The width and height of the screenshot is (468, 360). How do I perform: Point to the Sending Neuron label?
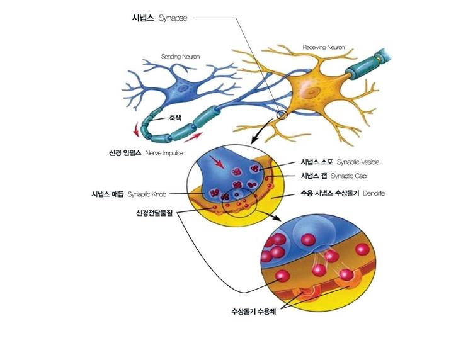pyautogui.click(x=180, y=57)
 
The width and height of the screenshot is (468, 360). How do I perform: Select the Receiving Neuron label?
pyautogui.click(x=324, y=47)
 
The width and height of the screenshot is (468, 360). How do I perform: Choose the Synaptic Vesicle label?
pyautogui.click(x=358, y=162)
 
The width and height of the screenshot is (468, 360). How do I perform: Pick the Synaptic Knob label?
pyautogui.click(x=148, y=194)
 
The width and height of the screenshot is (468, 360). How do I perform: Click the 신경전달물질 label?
pyautogui.click(x=155, y=213)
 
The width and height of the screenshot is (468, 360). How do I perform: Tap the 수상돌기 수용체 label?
pyautogui.click(x=254, y=311)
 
